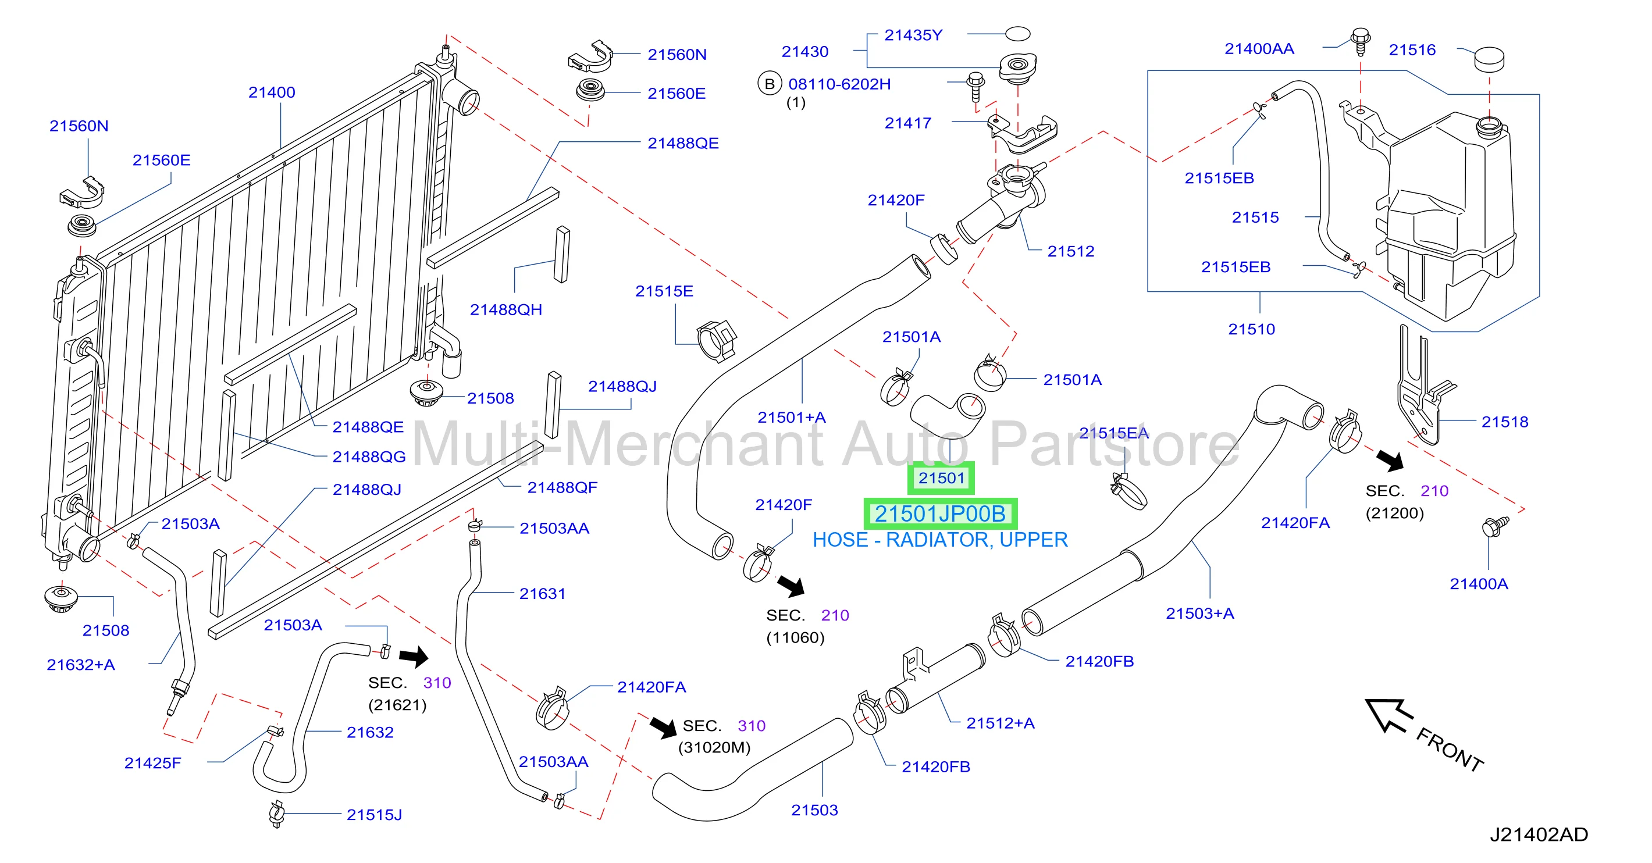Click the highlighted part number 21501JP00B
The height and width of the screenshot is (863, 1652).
940,513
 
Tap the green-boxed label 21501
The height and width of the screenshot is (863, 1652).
941,477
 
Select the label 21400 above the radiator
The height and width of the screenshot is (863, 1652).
272,92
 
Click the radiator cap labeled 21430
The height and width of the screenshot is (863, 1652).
1019,67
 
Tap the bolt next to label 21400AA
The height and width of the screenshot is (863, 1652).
1361,42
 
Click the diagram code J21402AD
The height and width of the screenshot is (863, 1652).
1539,834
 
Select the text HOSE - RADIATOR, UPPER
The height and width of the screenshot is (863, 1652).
940,540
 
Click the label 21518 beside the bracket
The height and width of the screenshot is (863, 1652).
1504,422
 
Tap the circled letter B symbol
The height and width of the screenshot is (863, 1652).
770,84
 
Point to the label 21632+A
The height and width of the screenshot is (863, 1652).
81,665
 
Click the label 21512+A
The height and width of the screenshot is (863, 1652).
1001,723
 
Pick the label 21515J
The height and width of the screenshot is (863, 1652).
375,815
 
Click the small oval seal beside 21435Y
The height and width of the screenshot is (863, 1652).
1018,33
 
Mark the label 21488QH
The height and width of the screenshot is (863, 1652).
506,310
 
